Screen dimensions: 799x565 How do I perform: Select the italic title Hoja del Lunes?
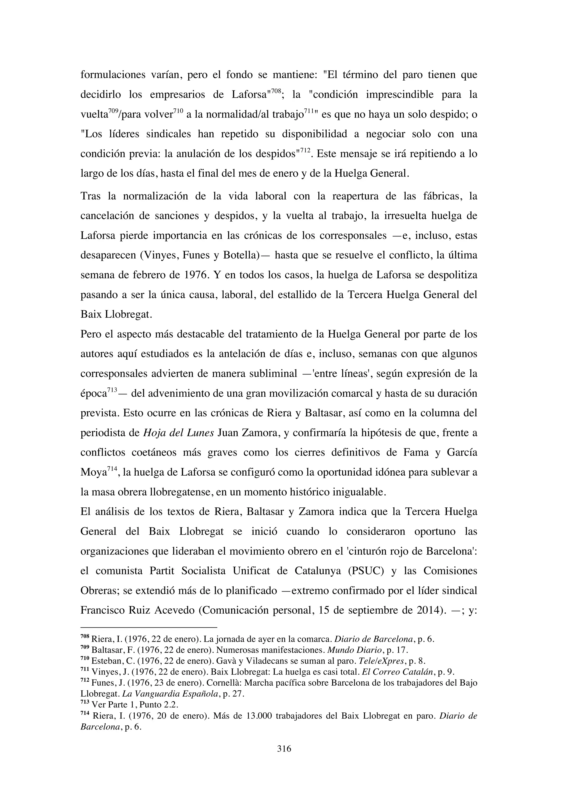click(x=178, y=433)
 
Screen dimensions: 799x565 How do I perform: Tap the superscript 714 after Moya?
click(x=112, y=469)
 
